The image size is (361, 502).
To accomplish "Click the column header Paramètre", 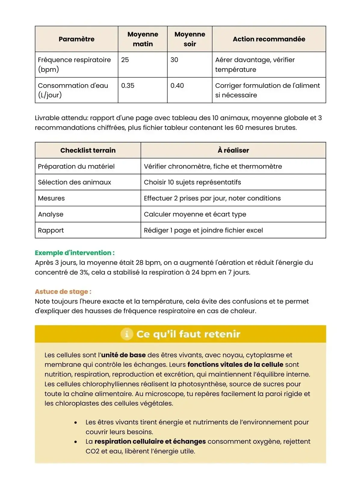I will click(76, 39).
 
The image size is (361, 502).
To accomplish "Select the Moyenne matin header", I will click(143, 39).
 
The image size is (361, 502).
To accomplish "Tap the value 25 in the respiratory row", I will click(125, 60).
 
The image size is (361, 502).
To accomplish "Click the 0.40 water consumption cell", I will click(177, 86).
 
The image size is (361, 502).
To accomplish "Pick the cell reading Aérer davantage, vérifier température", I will click(255, 65).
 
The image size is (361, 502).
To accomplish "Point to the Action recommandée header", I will click(269, 39).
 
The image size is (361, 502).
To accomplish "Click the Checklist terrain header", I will click(88, 150).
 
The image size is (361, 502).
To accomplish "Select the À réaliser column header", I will click(233, 150).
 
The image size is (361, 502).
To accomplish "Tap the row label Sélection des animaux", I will click(74, 182).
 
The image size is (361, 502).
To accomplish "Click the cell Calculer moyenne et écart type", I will click(195, 214).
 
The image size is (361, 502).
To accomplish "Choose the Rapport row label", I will click(51, 230).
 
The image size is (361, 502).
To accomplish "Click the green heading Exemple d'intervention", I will click(75, 253).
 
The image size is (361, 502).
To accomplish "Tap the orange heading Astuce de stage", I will click(63, 292).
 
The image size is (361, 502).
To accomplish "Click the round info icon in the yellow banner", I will click(127, 334).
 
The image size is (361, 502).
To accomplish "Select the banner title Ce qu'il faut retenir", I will click(188, 334).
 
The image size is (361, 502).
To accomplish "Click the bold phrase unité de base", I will click(123, 355).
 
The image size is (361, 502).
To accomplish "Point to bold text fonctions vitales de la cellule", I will click(235, 365).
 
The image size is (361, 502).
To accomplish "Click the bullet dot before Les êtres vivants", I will click(76, 423).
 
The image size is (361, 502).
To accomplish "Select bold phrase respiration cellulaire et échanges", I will click(150, 442).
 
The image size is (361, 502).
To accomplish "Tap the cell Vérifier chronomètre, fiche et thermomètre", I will click(213, 167).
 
